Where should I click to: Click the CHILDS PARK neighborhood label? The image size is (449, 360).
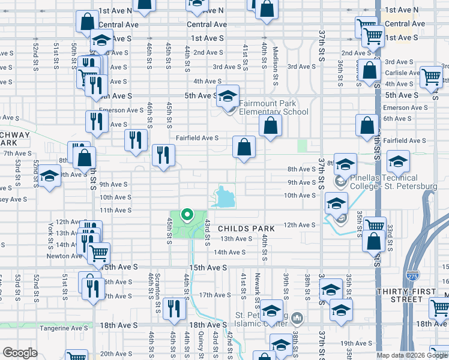(246, 229)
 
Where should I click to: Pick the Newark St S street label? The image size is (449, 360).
(257, 287)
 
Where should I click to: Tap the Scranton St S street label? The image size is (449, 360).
(158, 287)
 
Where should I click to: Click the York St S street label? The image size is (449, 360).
(49, 235)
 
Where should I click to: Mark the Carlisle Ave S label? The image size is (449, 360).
(402, 73)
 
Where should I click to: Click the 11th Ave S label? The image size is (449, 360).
(115, 210)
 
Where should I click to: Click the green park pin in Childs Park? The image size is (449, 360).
(187, 214)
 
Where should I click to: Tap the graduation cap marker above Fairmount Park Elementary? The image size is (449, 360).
(228, 96)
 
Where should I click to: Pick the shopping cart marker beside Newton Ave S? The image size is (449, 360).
(98, 253)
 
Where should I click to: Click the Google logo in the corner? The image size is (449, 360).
(20, 353)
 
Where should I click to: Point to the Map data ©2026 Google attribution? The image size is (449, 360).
(411, 355)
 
